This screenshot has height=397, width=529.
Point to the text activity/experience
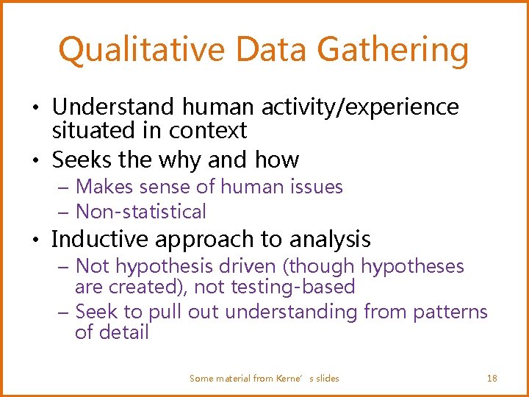click(x=359, y=107)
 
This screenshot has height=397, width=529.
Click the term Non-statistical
click(x=141, y=212)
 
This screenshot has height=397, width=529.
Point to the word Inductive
click(x=101, y=239)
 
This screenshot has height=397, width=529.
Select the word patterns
click(x=450, y=312)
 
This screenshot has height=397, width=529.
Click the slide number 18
click(x=492, y=378)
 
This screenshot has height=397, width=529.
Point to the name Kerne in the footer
click(x=289, y=378)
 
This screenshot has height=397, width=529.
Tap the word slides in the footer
click(x=327, y=378)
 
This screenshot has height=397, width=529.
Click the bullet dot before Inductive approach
click(x=40, y=240)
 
